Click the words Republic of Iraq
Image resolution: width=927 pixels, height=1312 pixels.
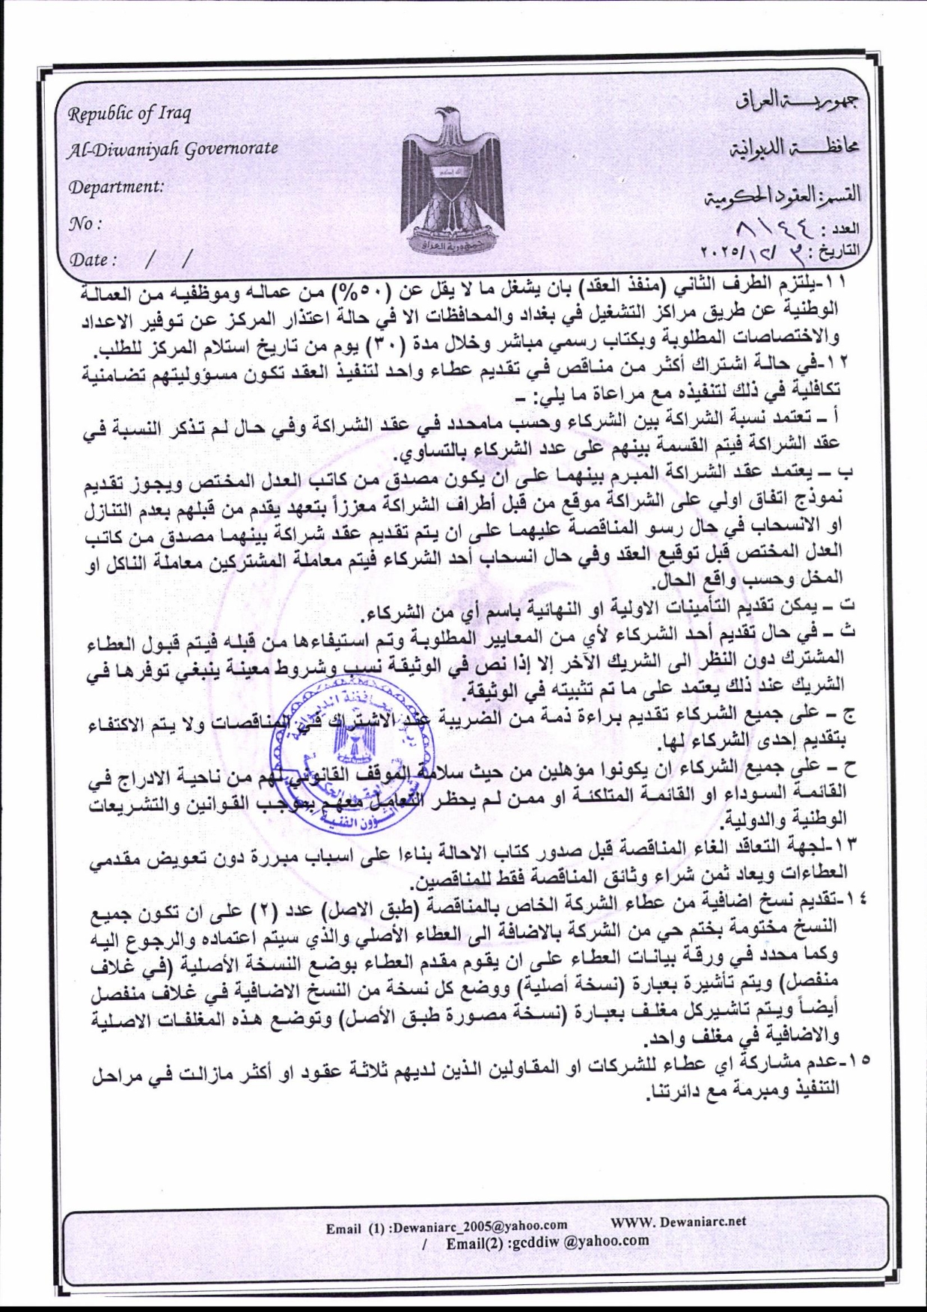[x=129, y=114]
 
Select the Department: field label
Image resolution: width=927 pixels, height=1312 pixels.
[x=116, y=187]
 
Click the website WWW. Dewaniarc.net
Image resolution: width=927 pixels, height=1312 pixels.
[x=679, y=1221]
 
